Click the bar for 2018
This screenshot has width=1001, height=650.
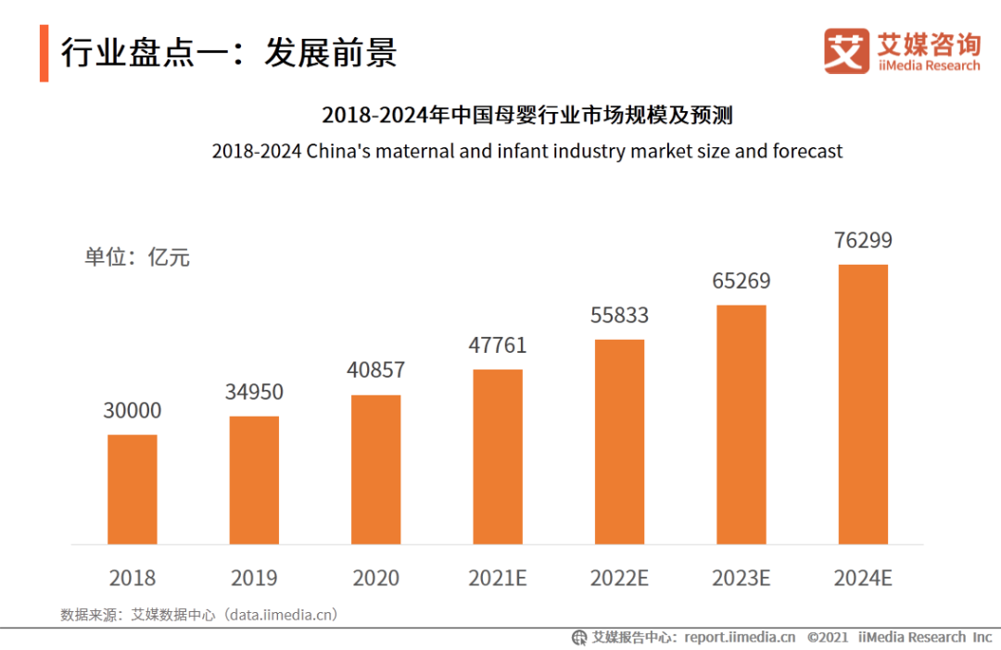[133, 489]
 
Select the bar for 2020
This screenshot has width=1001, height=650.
[376, 469]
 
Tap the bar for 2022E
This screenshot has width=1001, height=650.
[619, 442]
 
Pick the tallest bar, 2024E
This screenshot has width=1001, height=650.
[863, 404]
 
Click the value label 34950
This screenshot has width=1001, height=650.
[254, 392]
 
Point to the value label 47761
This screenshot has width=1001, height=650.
[498, 345]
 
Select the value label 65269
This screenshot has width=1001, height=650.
[741, 281]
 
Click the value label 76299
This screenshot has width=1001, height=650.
[863, 241]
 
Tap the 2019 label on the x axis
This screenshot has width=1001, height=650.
[254, 578]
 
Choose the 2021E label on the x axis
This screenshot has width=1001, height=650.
[498, 578]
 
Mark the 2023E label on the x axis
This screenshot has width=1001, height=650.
[741, 578]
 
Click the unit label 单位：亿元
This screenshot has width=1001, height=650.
[137, 256]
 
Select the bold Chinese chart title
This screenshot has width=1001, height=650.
[527, 116]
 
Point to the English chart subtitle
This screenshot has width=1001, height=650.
[527, 150]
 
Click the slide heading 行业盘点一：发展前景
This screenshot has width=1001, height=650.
[229, 53]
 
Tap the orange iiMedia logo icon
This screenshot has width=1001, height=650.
[846, 51]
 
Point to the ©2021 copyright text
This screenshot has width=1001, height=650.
[828, 637]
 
